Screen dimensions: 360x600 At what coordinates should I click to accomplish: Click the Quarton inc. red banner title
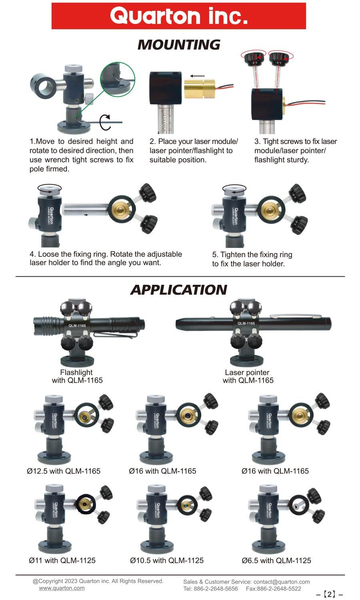click(x=179, y=16)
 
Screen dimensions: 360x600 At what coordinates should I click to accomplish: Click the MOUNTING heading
click(x=179, y=44)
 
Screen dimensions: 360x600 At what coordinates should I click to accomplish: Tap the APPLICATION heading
click(x=179, y=290)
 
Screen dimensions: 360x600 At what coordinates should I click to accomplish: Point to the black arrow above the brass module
click(x=198, y=76)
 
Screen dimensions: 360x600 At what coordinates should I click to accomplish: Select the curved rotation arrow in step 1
click(x=105, y=122)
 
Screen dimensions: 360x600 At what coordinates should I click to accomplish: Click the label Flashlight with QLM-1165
click(x=77, y=376)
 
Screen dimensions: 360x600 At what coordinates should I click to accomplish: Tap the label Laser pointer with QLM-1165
click(x=248, y=376)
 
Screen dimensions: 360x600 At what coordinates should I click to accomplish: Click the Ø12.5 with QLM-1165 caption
click(x=64, y=471)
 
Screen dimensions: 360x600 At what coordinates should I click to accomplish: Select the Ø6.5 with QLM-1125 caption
click(x=276, y=560)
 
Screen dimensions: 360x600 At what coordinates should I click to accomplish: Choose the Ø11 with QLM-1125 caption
click(x=62, y=560)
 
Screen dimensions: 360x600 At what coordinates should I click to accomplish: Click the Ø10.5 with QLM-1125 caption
click(x=167, y=560)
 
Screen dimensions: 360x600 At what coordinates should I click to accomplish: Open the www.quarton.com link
click(x=62, y=588)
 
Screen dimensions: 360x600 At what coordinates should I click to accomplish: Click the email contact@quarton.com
click(x=282, y=582)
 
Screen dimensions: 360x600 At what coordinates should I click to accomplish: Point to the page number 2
click(x=330, y=594)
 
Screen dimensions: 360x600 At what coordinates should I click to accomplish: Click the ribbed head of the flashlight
click(x=46, y=325)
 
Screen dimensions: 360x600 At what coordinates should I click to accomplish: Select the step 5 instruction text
click(x=252, y=259)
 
